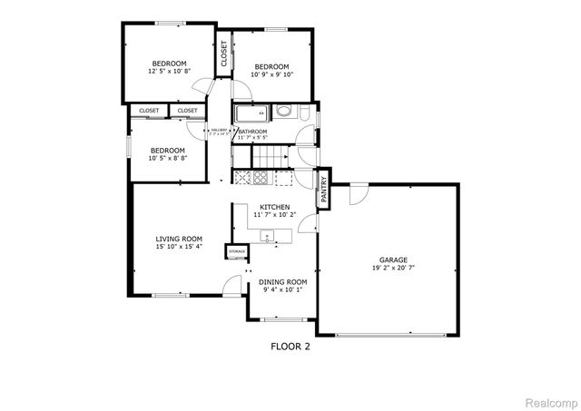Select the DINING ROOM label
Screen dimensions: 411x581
tap(285, 282)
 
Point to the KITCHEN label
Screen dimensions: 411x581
tap(274, 208)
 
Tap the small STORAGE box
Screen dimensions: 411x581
tap(237, 250)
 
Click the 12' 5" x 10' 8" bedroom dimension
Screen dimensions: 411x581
tap(169, 72)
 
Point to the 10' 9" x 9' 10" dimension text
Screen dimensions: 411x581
tap(271, 75)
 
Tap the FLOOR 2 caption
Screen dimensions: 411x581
tap(290, 346)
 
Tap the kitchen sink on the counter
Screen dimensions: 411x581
tap(269, 236)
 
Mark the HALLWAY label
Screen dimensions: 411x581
tap(218, 131)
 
